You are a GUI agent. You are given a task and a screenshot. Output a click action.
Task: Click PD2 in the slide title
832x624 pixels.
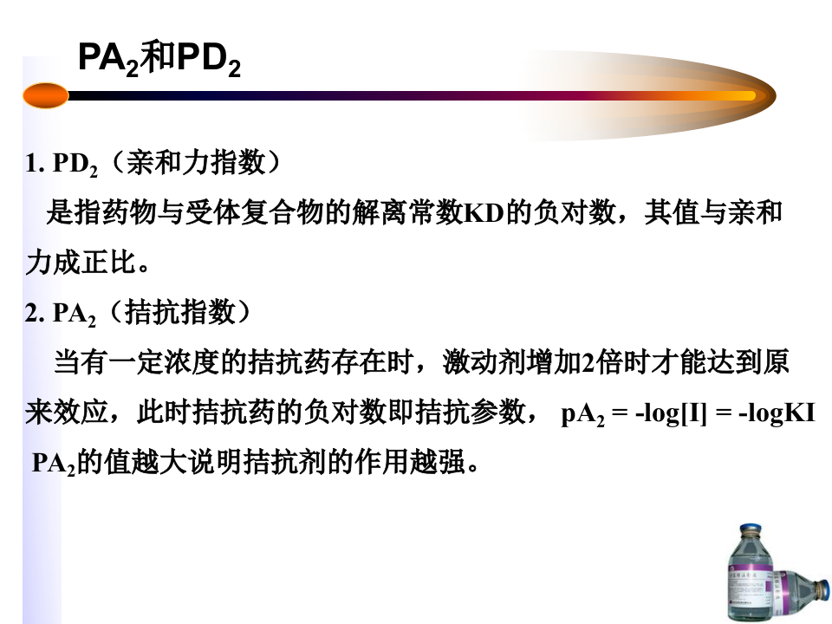pyautogui.click(x=208, y=60)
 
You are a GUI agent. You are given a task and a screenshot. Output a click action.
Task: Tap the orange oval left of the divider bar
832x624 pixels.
pyautogui.click(x=46, y=95)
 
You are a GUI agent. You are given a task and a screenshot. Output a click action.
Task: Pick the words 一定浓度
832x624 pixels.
pyautogui.click(x=179, y=362)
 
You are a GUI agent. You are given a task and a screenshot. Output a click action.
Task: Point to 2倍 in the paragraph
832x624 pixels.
pyautogui.click(x=596, y=362)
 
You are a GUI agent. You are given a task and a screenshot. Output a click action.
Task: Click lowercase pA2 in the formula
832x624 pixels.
pyautogui.click(x=582, y=414)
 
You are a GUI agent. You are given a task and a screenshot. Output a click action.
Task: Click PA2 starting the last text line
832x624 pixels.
pyautogui.click(x=54, y=464)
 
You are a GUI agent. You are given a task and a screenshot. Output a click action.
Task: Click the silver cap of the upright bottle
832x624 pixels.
pyautogui.click(x=753, y=531)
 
